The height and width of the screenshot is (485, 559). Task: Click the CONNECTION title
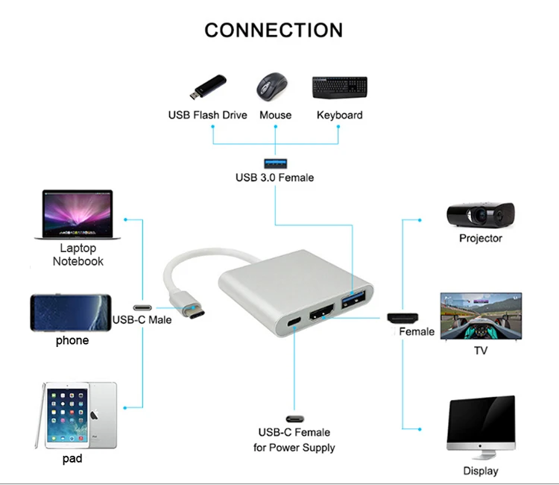pos(274,30)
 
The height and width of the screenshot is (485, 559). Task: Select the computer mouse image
pos(273,87)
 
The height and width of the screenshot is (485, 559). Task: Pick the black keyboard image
pos(338,87)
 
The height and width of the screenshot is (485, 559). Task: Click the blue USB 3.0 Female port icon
pos(275,163)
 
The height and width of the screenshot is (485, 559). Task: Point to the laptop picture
pos(73,215)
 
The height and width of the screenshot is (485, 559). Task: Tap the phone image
pos(71,312)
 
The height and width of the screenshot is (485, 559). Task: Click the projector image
pos(480,215)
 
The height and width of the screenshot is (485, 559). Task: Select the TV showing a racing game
pos(481,316)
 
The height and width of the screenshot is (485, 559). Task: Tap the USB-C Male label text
pos(142,320)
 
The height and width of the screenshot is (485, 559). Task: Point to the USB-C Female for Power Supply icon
pos(294,419)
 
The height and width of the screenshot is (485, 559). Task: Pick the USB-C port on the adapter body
pos(294,323)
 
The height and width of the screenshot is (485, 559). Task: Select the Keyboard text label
pos(339,115)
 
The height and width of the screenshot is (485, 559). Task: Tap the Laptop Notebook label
pos(78,254)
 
